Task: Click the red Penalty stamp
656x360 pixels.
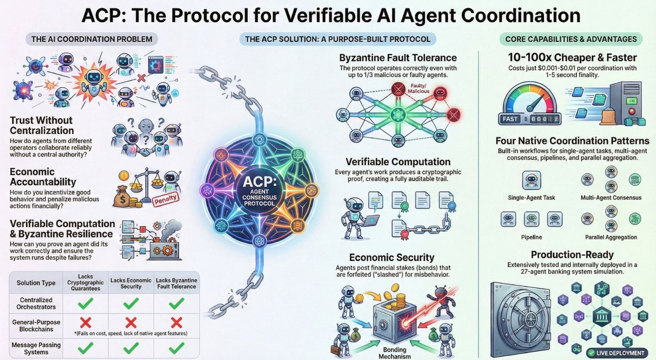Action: (x=166, y=199)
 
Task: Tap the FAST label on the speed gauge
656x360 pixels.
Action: (x=510, y=119)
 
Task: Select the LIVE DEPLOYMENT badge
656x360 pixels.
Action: (x=617, y=353)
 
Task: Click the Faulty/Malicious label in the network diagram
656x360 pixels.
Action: (x=419, y=88)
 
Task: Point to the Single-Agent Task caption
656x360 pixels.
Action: (x=531, y=198)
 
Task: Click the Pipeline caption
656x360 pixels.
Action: (x=531, y=237)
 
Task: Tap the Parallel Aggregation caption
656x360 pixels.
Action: (x=611, y=237)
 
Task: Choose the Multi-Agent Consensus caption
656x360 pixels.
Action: (x=611, y=198)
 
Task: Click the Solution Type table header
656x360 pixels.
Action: (x=36, y=283)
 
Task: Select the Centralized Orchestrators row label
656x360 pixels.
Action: (x=36, y=303)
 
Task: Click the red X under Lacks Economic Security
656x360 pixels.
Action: (x=131, y=323)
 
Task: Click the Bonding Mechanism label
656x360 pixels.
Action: (x=395, y=353)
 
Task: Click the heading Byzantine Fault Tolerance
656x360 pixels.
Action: (x=398, y=58)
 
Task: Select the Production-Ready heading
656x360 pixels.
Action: (x=572, y=255)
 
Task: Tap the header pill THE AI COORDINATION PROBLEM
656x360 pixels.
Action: (x=92, y=39)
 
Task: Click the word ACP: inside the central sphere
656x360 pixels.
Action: (x=260, y=182)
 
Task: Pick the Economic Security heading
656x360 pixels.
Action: (x=392, y=257)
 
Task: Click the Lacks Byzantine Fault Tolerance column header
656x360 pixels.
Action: (x=176, y=284)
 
